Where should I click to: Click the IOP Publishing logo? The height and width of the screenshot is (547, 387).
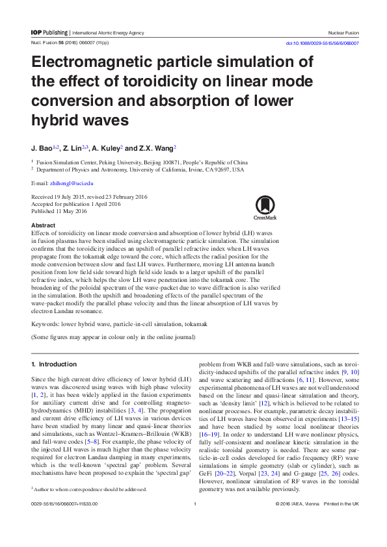[49, 32]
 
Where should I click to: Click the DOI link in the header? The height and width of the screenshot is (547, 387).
[323, 44]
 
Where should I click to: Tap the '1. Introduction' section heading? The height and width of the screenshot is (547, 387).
[54, 364]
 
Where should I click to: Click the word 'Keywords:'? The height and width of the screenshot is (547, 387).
[46, 323]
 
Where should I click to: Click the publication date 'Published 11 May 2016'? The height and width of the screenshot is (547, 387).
[59, 211]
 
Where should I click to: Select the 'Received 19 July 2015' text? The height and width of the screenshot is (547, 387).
[60, 197]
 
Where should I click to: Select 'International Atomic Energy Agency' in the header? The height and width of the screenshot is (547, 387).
[108, 32]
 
